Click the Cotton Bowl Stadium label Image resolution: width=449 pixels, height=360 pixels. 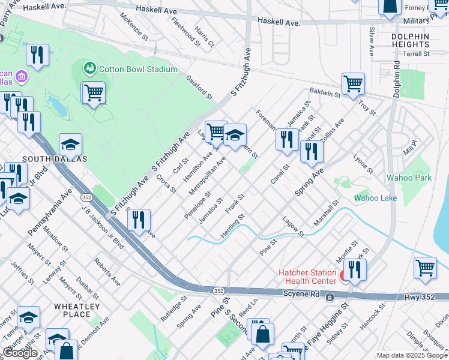[138, 69]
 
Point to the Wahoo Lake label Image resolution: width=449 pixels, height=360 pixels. [376, 197]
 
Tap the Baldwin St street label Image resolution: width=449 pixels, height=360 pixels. [325, 94]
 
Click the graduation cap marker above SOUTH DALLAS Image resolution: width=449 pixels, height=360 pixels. [70, 145]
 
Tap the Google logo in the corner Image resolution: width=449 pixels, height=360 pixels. [20, 353]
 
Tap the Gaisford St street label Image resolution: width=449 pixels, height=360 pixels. [199, 88]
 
